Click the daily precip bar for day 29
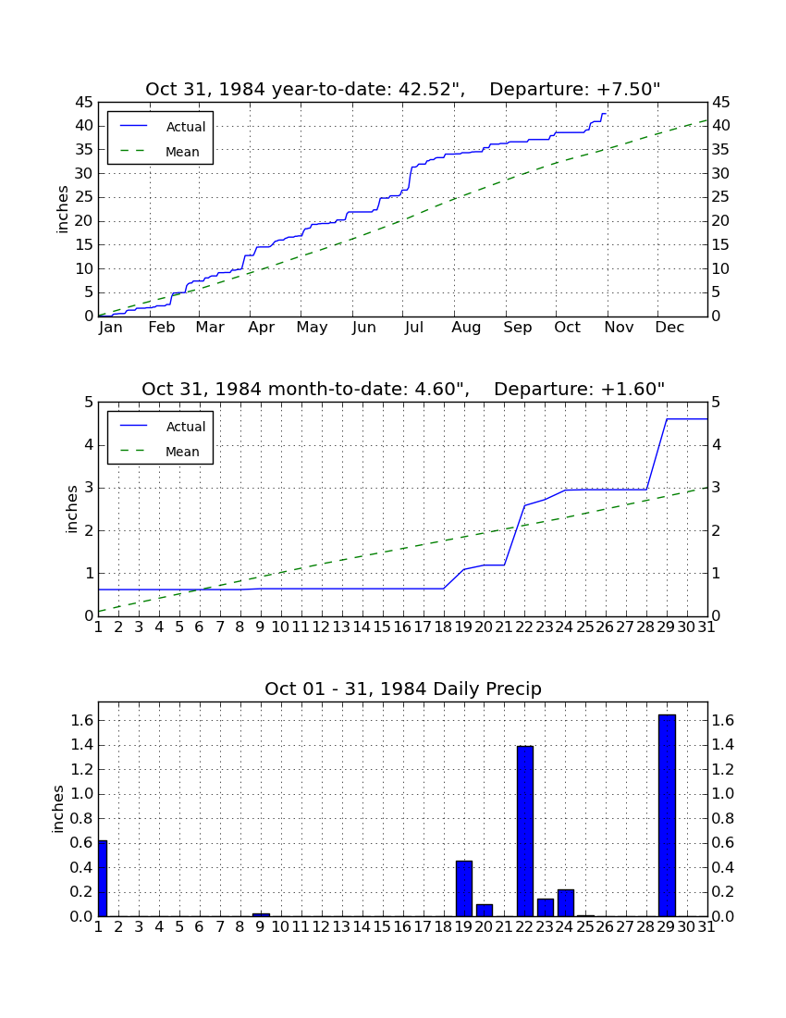point(667,815)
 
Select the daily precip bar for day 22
point(524,831)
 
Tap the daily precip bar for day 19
point(463,888)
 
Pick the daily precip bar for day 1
point(103,878)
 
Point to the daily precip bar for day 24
point(566,902)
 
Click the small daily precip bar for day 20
point(485,911)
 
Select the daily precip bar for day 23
point(546,908)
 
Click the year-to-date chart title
point(403,89)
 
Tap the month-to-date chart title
point(403,389)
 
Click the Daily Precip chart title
point(403,689)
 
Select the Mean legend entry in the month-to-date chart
point(160,452)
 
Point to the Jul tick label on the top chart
point(413,328)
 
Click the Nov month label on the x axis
point(619,328)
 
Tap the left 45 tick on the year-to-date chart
point(85,102)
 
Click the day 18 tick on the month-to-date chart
point(443,627)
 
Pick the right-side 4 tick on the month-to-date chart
point(716,445)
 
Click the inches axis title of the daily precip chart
point(58,809)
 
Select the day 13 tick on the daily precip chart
point(341,927)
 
